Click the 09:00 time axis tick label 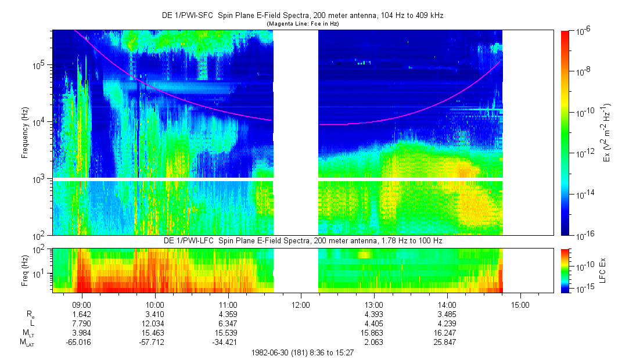pyautogui.click(x=81, y=304)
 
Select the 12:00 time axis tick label pyautogui.click(x=300, y=304)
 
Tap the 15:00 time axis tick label pyautogui.click(x=520, y=304)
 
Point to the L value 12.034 pyautogui.click(x=154, y=323)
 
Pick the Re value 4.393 pyautogui.click(x=374, y=314)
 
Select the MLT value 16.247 pyautogui.click(x=447, y=333)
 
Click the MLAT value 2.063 pyautogui.click(x=374, y=342)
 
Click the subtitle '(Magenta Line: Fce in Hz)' pyautogui.click(x=302, y=24)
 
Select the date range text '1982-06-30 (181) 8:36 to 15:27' pyautogui.click(x=303, y=352)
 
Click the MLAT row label pyautogui.click(x=27, y=342)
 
